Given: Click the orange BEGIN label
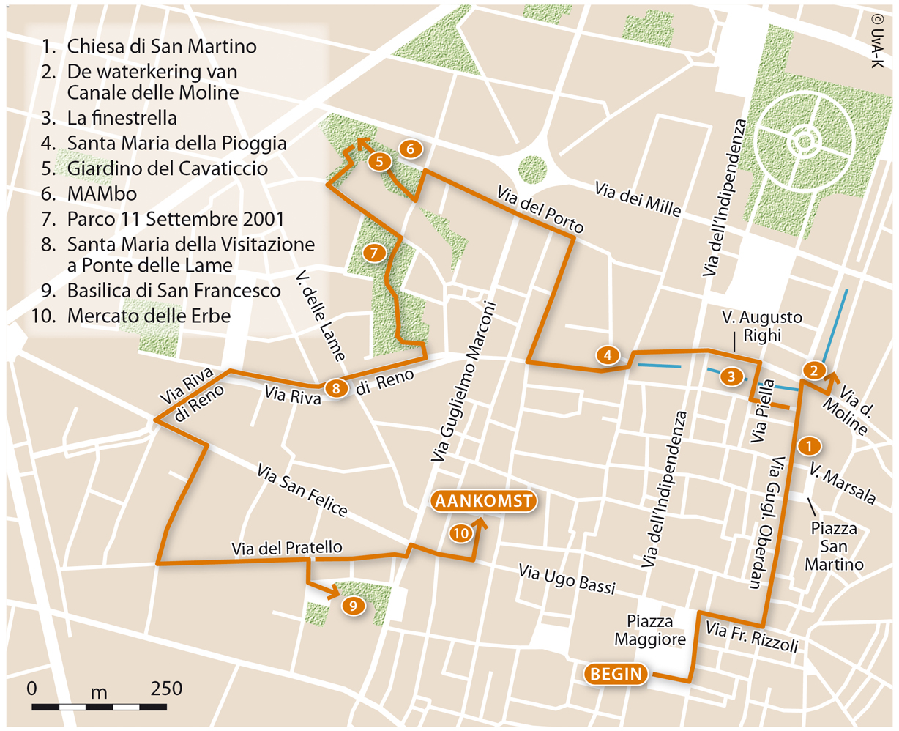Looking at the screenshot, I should pos(616,674).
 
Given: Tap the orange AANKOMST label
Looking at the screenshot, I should pos(484,501).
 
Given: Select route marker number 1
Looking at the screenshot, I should pos(807,445).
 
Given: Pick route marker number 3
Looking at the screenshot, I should pos(731,376).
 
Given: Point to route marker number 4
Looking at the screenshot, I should pos(608,355).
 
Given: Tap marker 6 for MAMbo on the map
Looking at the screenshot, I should pos(411,149).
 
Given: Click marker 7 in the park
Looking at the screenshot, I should pos(373,253).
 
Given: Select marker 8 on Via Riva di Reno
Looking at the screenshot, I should pos(336,388).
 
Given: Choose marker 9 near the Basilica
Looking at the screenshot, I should pos(353,605).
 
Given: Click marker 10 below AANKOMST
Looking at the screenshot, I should pos(460,533).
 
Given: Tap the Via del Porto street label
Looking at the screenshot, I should pos(540,209).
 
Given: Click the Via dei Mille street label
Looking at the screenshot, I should pos(638,200).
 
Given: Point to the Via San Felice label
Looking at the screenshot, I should pos(302,490).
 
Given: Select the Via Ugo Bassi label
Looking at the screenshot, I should pos(566,579).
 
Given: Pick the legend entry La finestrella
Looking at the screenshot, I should pos(122,118).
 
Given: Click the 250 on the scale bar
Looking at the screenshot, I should pos(166,689).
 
